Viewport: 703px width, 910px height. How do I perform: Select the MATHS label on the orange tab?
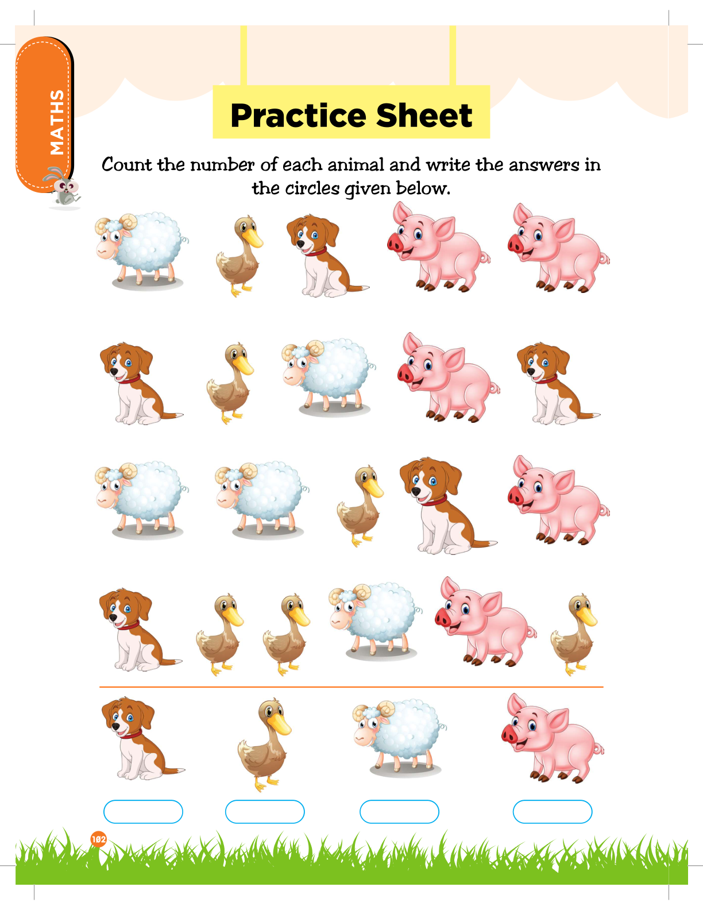pyautogui.click(x=57, y=122)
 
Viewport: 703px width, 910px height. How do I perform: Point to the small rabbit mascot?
pyautogui.click(x=63, y=187)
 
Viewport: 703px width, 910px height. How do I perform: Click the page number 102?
pyautogui.click(x=99, y=839)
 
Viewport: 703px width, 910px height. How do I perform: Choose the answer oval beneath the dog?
pyautogui.click(x=143, y=812)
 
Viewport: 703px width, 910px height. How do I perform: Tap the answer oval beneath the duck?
pyautogui.click(x=265, y=812)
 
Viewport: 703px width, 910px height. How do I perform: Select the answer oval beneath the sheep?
pyautogui.click(x=399, y=812)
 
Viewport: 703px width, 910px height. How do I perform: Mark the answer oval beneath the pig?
pyautogui.click(x=553, y=812)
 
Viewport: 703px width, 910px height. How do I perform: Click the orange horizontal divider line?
pyautogui.click(x=351, y=687)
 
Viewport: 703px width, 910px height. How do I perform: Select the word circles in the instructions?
pyautogui.click(x=312, y=188)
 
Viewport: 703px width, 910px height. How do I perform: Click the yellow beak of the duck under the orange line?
pyautogui.click(x=280, y=724)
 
